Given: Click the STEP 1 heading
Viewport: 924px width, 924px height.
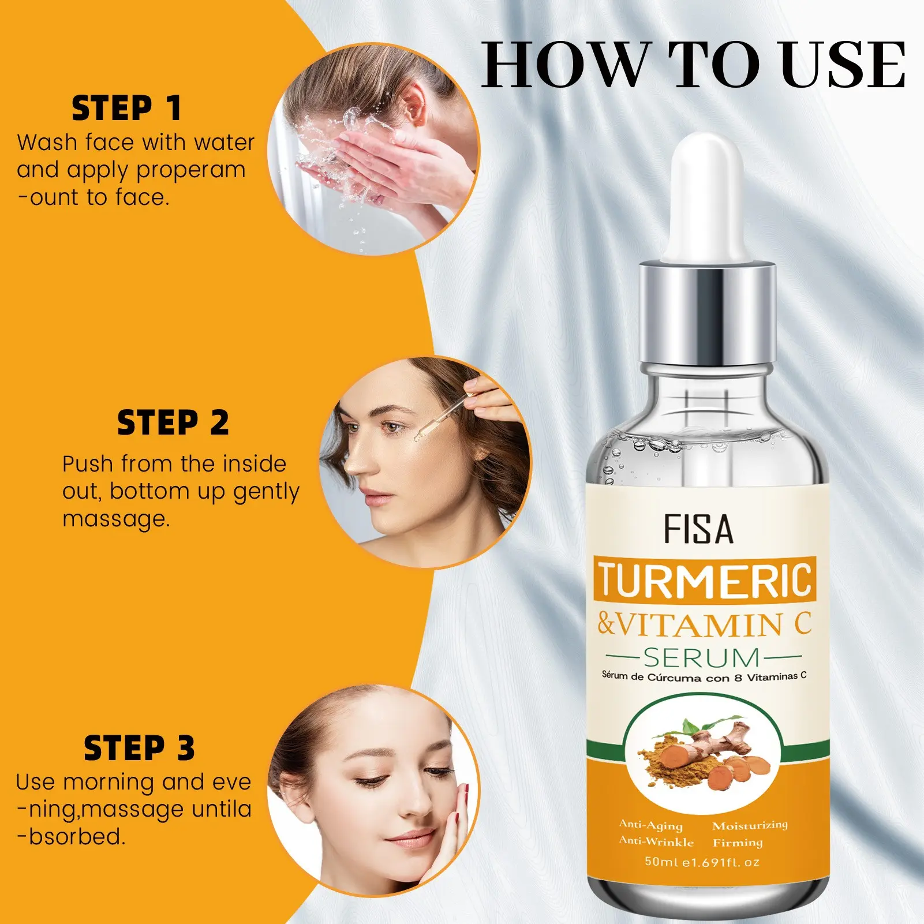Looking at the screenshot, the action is click(126, 109).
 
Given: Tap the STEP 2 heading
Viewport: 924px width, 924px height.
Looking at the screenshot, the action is click(173, 423).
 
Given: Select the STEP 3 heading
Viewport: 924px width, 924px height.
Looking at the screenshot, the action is click(139, 748).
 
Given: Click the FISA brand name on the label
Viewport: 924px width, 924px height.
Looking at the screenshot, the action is click(698, 529).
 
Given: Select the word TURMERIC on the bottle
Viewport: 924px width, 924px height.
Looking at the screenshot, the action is click(705, 579).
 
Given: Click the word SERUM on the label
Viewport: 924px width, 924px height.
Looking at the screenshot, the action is click(702, 657).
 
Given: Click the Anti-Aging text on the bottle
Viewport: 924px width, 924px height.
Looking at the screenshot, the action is click(650, 825).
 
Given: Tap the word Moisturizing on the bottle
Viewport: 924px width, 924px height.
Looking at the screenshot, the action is click(750, 825).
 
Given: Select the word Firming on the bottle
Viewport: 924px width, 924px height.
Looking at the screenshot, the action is click(738, 843).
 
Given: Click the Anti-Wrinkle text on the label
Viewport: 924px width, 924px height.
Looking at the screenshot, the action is click(656, 841).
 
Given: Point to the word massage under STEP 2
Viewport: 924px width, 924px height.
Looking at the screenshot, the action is click(117, 519).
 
